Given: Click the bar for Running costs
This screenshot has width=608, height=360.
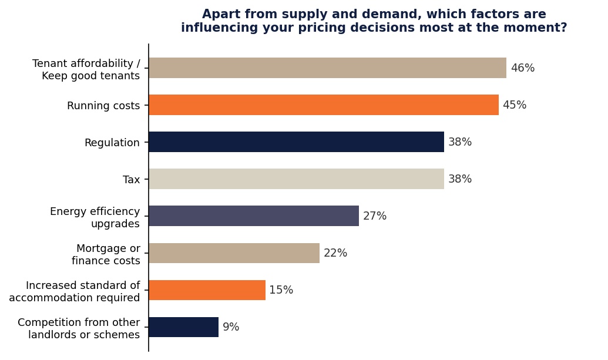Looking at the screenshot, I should click(323, 105).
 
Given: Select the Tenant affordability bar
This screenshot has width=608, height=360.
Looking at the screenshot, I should click(327, 68).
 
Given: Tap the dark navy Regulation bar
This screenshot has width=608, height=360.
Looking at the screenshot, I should click(296, 142).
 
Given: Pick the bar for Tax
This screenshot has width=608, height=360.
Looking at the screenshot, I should click(296, 179).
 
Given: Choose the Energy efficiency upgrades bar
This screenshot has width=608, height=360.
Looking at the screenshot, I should click(254, 216).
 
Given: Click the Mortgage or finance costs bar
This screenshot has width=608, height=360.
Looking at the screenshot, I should click(234, 253).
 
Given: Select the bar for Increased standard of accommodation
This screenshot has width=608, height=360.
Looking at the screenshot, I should click(207, 290).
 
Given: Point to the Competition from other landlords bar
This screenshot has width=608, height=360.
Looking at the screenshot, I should click(183, 327).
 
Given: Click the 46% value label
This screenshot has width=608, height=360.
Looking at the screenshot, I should click(522, 68).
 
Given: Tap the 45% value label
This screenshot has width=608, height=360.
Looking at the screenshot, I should click(514, 105).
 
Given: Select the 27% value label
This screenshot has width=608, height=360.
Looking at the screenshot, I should click(375, 216).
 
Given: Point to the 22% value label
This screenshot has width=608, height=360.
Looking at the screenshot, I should click(335, 253).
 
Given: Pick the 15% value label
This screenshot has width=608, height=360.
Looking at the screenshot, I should click(281, 290).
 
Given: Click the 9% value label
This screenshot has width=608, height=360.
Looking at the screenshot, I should click(231, 327).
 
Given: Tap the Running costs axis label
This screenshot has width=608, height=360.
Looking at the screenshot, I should click(103, 106).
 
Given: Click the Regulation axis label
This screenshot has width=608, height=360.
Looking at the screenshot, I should click(112, 143).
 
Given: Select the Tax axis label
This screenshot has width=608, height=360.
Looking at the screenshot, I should click(131, 180).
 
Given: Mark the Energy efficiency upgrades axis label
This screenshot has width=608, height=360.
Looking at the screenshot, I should click(95, 217).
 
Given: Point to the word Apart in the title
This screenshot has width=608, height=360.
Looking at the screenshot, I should click(219, 15).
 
